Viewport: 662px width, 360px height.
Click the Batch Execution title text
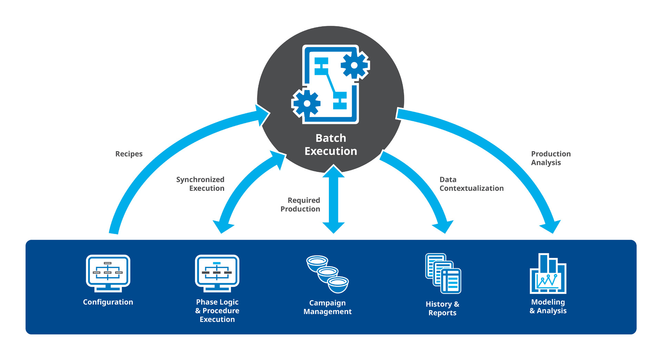click(x=331, y=144)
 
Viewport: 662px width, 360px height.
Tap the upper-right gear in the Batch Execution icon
click(x=354, y=65)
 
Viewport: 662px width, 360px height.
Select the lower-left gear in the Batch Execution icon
click(x=307, y=103)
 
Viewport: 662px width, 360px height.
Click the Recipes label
click(x=129, y=154)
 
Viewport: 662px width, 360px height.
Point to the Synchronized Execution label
click(x=200, y=184)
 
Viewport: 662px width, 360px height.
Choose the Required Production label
click(x=300, y=204)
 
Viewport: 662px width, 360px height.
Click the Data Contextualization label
click(x=471, y=184)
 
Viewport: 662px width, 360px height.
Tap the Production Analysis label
click(x=551, y=158)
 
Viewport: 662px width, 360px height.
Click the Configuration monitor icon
click(x=108, y=273)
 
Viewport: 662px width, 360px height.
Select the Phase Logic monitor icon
click(x=217, y=273)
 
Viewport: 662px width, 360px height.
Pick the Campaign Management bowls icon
click(x=328, y=274)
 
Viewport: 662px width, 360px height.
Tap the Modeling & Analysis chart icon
click(x=548, y=274)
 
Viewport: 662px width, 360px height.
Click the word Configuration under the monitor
click(x=108, y=302)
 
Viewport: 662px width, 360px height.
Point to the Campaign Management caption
click(x=328, y=307)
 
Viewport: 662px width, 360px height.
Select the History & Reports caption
click(x=442, y=308)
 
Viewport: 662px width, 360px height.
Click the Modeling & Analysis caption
click(x=548, y=306)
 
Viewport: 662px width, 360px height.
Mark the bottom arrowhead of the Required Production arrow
click(x=333, y=228)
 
